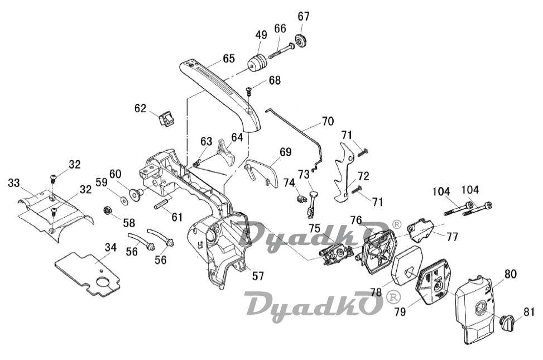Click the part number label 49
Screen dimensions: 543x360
[262, 35]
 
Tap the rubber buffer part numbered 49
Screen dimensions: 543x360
[257, 63]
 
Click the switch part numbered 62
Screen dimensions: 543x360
[166, 119]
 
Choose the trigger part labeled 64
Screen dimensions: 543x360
[226, 153]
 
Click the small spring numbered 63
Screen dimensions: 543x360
[196, 162]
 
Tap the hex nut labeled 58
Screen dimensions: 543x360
[107, 210]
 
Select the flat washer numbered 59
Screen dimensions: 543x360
[123, 200]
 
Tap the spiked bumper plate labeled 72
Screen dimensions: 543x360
[343, 172]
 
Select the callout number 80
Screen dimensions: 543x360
[510, 275]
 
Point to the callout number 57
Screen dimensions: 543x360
[258, 276]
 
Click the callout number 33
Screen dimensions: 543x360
[13, 183]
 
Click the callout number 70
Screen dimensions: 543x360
[328, 122]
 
